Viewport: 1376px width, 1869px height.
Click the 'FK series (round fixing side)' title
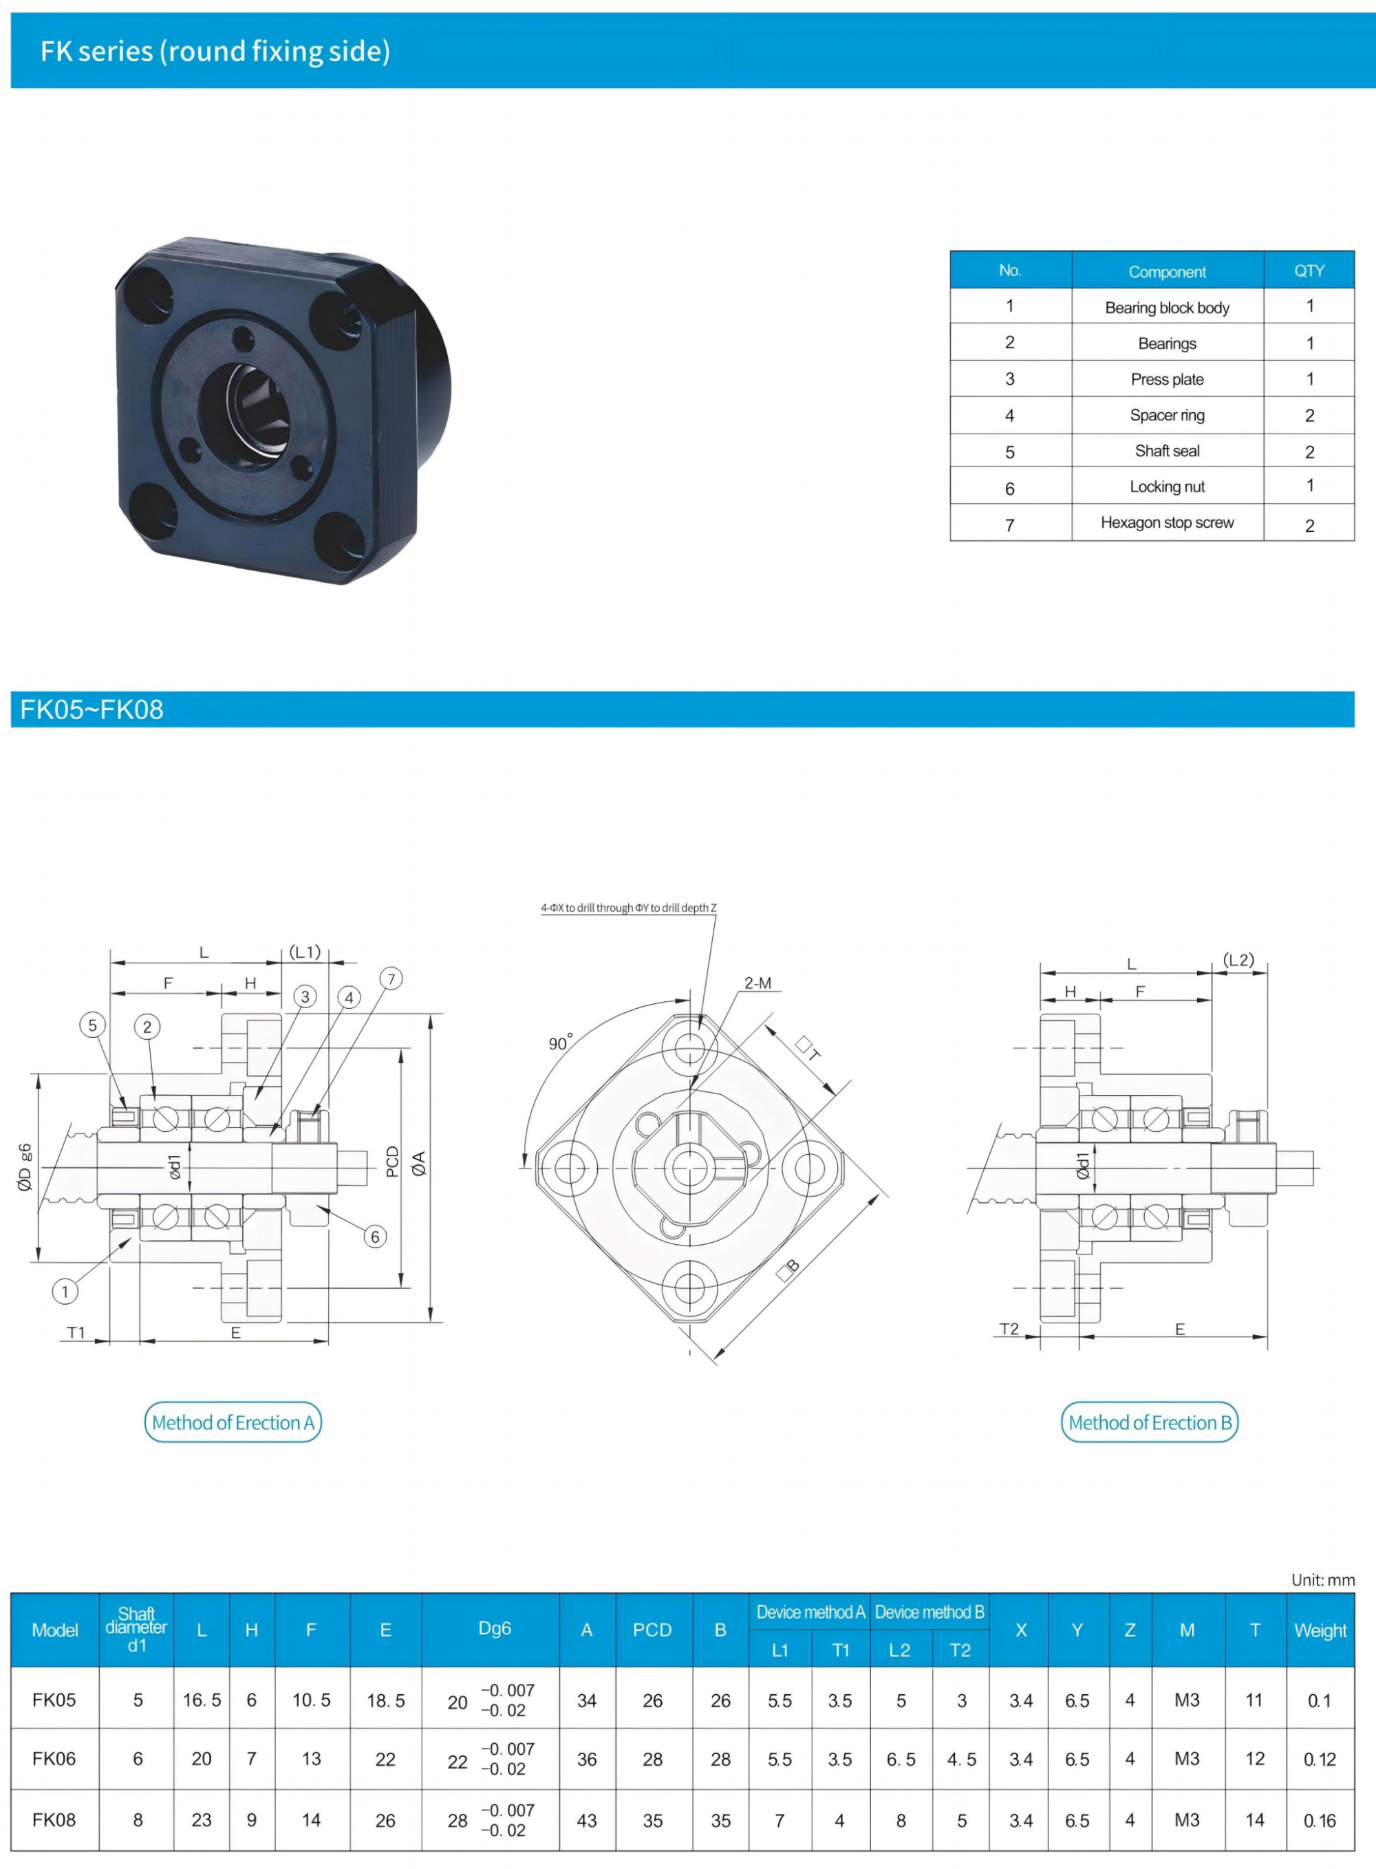pyautogui.click(x=215, y=52)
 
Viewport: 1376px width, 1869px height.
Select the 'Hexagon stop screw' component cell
pyautogui.click(x=1167, y=522)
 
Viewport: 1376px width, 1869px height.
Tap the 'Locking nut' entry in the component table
pyautogui.click(x=1167, y=487)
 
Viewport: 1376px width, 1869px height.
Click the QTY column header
pyautogui.click(x=1309, y=270)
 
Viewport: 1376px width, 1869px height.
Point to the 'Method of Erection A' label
pyautogui.click(x=233, y=1422)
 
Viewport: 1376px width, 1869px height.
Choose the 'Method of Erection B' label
pyautogui.click(x=1150, y=1422)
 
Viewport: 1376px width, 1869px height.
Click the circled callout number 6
pyautogui.click(x=375, y=1237)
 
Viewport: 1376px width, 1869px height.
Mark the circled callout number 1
pyautogui.click(x=65, y=1292)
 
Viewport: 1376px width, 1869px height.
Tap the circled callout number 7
pyautogui.click(x=391, y=979)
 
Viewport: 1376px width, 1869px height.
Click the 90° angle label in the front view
pyautogui.click(x=561, y=1043)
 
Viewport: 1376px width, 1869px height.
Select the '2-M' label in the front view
pyautogui.click(x=758, y=983)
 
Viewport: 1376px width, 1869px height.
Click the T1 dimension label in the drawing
pyautogui.click(x=76, y=1333)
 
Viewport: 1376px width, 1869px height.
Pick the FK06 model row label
pyautogui.click(x=54, y=1758)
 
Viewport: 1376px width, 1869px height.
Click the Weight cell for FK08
pyautogui.click(x=1320, y=1821)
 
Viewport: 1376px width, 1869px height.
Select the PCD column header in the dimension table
pyautogui.click(x=652, y=1630)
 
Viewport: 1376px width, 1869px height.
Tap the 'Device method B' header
pyautogui.click(x=929, y=1612)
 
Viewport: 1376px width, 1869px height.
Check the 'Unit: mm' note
pyautogui.click(x=1323, y=1580)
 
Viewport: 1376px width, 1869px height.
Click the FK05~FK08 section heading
pyautogui.click(x=92, y=709)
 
